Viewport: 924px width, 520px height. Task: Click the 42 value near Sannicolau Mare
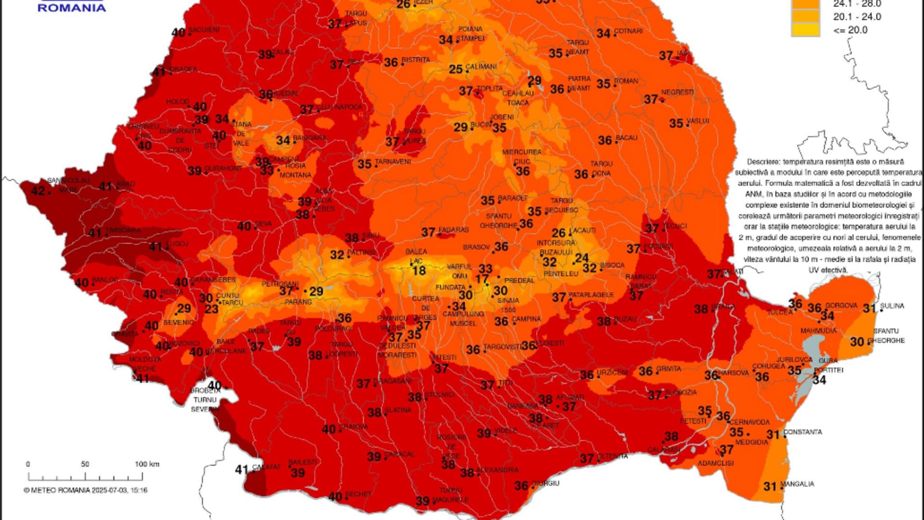tap(38, 191)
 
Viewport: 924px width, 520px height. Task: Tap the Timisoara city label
tap(123, 230)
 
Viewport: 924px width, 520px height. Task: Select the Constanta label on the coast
tap(803, 432)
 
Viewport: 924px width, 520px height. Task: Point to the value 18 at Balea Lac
tap(419, 271)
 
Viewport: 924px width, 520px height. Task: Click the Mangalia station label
tap(797, 483)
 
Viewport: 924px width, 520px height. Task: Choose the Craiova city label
tap(354, 427)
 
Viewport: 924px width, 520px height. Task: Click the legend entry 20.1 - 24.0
tap(857, 17)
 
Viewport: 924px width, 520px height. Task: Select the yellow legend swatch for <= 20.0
tap(805, 30)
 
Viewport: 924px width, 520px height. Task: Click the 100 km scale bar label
tap(147, 464)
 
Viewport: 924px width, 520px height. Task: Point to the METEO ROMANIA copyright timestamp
tap(86, 490)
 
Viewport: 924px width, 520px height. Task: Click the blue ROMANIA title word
tap(72, 8)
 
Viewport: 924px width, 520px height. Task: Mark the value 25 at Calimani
tap(455, 69)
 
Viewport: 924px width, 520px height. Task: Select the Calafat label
tap(266, 467)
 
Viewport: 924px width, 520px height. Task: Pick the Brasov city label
tap(476, 247)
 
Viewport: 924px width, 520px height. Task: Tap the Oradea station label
tap(183, 69)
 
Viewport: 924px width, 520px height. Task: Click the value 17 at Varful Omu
tap(482, 279)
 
